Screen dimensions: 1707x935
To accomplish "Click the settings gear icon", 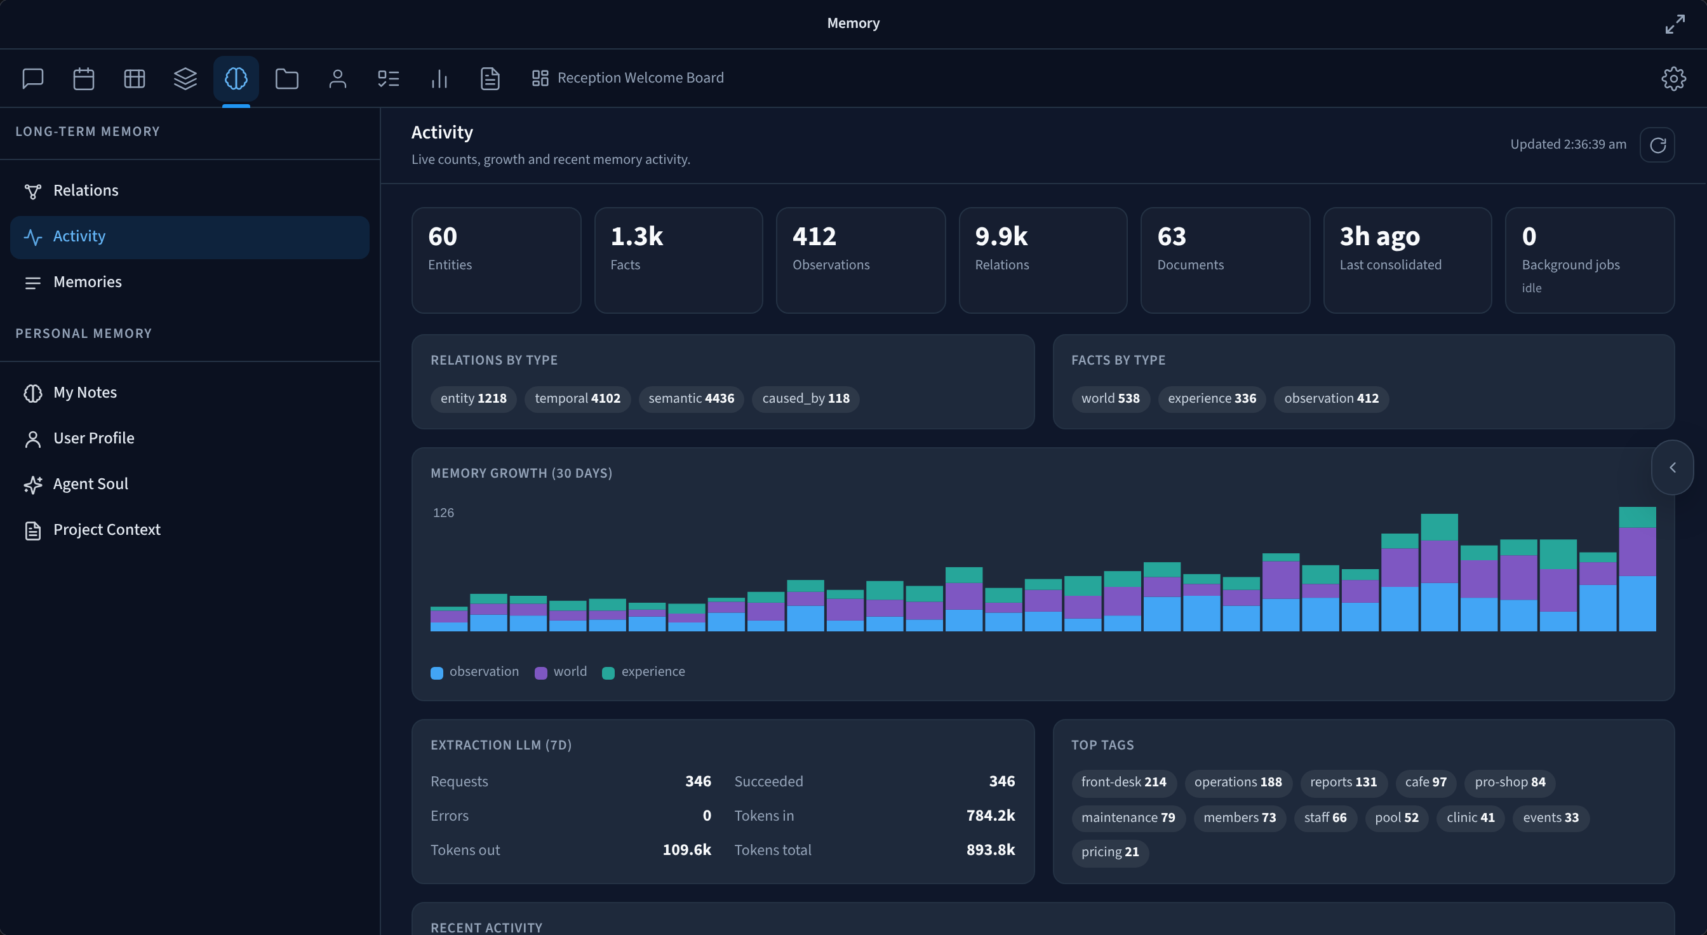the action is [x=1673, y=78].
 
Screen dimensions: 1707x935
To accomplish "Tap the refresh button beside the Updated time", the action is [x=1657, y=144].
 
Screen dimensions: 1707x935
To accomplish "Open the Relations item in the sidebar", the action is [x=86, y=190].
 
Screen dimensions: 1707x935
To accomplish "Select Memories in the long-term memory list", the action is [x=88, y=281].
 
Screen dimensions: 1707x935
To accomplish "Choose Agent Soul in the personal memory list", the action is [x=91, y=484].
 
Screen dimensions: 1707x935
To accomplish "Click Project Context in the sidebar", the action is [x=107, y=530].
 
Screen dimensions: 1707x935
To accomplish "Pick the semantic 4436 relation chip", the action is [x=691, y=398].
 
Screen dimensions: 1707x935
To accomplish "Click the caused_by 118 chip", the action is [x=806, y=398].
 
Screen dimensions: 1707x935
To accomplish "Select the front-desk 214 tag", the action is [x=1124, y=782].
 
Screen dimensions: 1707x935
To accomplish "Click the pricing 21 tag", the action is [x=1110, y=852].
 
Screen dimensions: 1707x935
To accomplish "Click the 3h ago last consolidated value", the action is [x=1380, y=236].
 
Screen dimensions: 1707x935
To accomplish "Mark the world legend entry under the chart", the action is [x=561, y=672].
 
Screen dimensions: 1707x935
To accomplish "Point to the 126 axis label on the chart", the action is [x=443, y=513].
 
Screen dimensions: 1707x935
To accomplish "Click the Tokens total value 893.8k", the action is [x=991, y=850].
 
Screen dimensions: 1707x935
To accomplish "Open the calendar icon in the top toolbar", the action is [x=83, y=78].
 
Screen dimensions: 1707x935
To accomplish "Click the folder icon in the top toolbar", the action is [x=287, y=78].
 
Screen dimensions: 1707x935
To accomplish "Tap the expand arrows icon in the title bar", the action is [x=1675, y=24].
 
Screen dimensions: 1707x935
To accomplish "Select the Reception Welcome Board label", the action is [x=640, y=78].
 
